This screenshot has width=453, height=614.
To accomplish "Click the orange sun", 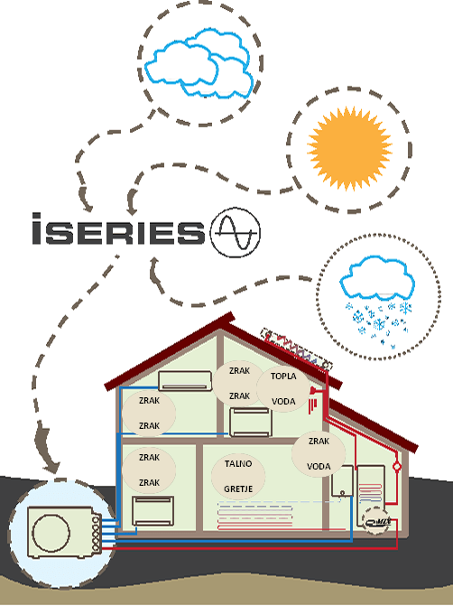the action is [x=349, y=149].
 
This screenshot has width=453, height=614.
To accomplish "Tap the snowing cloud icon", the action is [x=377, y=300].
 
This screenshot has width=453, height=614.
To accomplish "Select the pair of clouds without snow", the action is [x=199, y=63].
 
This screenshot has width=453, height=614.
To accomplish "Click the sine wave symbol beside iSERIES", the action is [x=236, y=233].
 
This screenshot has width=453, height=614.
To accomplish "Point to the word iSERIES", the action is [x=118, y=229].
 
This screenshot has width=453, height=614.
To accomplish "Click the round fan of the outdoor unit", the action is [x=51, y=533].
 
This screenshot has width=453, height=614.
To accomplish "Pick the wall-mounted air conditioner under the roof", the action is [x=185, y=381].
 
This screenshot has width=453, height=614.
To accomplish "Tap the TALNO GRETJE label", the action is [x=238, y=476].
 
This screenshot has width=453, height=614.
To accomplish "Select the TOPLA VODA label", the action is [x=283, y=389].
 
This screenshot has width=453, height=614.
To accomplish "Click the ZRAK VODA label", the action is [x=319, y=453].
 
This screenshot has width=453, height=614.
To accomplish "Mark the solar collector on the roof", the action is [x=297, y=349].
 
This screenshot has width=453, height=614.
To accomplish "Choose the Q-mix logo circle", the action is [x=376, y=522].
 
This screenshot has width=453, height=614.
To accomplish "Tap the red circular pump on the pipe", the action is [x=397, y=467].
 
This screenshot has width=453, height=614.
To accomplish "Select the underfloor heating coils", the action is [x=255, y=516].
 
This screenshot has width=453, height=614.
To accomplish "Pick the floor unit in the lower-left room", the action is [x=153, y=511].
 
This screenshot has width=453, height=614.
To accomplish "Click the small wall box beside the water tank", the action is [x=342, y=481].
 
